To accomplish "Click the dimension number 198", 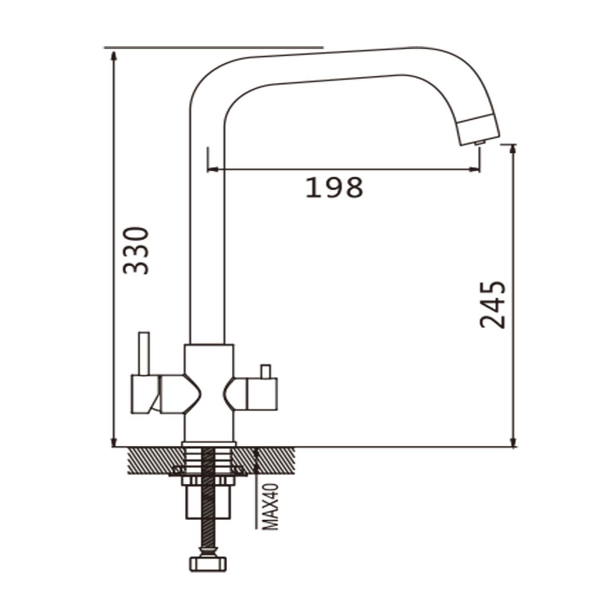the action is pos(334,187).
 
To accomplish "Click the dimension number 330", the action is pos(135,250).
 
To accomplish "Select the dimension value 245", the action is pos(492,305).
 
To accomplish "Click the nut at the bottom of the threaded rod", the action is pos(208,565).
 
